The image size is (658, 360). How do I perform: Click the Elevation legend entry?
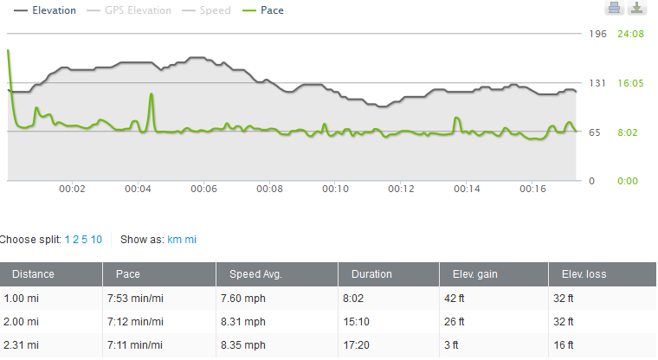coord(49,10)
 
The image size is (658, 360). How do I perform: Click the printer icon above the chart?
coord(614,9)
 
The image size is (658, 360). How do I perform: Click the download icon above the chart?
coord(636,9)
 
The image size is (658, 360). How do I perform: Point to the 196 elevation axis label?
coord(597,34)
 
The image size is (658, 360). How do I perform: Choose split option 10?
coord(97,240)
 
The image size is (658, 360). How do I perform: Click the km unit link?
coord(174,240)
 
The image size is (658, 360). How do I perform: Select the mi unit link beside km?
coord(191,240)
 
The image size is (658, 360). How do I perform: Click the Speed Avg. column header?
coord(256,274)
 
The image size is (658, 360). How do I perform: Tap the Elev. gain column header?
coord(476,274)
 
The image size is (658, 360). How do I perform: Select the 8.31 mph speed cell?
coord(248,322)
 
